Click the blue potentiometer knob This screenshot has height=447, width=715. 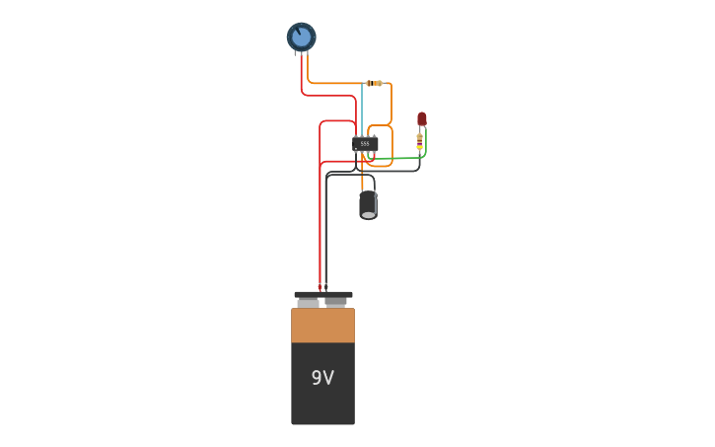pyautogui.click(x=301, y=37)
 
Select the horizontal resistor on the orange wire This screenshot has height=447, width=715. pyautogui.click(x=374, y=83)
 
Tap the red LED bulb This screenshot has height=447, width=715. pyautogui.click(x=422, y=118)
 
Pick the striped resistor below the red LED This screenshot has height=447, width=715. pyautogui.click(x=420, y=143)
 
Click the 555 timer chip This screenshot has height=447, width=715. pyautogui.click(x=365, y=144)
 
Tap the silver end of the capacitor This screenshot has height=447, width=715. pyautogui.click(x=368, y=214)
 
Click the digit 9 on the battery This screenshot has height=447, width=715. pyautogui.click(x=316, y=378)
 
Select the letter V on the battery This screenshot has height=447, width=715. pyautogui.click(x=328, y=378)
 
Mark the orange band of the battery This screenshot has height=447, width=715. pyautogui.click(x=322, y=326)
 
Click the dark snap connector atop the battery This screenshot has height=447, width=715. pyautogui.click(x=322, y=294)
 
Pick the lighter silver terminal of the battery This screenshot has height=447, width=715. pyautogui.click(x=309, y=303)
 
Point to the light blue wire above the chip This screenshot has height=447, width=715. pyautogui.click(x=362, y=109)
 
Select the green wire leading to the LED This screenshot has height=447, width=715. pyautogui.click(x=399, y=158)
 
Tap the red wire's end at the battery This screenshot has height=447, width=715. pyautogui.click(x=320, y=286)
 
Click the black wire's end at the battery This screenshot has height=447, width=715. pyautogui.click(x=326, y=286)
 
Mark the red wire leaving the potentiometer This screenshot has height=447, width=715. pyautogui.click(x=302, y=79)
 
